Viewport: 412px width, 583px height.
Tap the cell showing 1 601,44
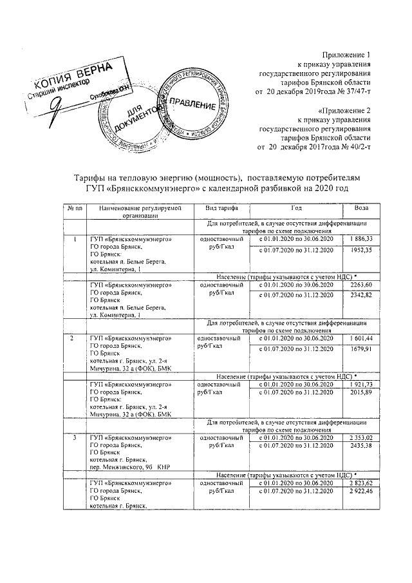point(362,338)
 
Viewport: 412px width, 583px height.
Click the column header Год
point(296,209)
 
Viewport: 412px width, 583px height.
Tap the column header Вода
point(362,209)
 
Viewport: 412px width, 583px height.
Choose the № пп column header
point(74,209)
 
